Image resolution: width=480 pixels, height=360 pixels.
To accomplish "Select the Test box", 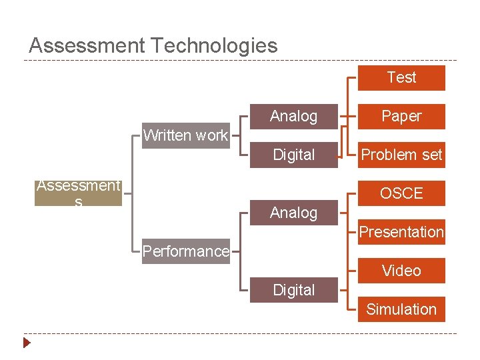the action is click(x=401, y=77).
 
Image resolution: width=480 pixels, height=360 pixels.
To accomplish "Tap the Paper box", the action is click(x=401, y=116).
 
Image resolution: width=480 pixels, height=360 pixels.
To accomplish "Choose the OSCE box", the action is click(x=401, y=193).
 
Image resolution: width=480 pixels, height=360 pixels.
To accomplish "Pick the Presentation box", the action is click(x=401, y=232).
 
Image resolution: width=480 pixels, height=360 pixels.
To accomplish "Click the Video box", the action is click(x=401, y=271).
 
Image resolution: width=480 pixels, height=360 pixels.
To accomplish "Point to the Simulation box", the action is click(x=401, y=309).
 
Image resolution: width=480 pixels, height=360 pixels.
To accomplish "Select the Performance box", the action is click(x=185, y=251).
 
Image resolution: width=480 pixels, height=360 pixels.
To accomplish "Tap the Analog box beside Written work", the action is click(x=293, y=116).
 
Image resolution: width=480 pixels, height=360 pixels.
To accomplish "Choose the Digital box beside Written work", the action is click(x=293, y=155).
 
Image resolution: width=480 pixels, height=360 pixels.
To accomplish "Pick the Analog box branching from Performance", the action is click(x=293, y=213).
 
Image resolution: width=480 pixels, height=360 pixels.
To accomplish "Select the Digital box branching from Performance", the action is click(x=293, y=290).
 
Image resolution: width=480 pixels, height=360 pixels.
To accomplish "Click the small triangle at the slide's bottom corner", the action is click(x=27, y=344).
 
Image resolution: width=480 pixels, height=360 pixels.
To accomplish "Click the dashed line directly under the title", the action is click(x=240, y=61).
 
